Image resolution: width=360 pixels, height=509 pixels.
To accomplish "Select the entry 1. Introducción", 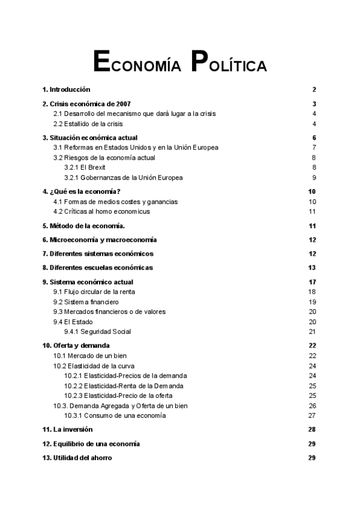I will coord(66,89).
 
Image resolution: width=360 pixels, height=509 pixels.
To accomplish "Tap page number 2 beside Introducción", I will coord(314,89).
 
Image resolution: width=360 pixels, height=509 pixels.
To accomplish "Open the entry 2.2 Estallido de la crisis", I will coord(88,124).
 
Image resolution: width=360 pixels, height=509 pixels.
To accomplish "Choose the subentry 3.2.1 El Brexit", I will coord(85,167).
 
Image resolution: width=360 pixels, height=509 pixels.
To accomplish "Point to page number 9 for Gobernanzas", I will coord(314,178).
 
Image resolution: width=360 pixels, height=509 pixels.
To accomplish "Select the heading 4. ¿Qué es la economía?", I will coord(82,191).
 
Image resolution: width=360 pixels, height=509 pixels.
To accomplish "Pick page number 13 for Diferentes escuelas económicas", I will coord(312,268).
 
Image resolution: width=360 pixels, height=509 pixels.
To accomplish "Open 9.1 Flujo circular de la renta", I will coord(94,292).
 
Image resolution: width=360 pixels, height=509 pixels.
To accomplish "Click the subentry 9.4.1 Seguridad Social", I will coord(97,331).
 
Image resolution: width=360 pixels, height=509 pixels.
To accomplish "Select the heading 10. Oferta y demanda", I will coord(76,346).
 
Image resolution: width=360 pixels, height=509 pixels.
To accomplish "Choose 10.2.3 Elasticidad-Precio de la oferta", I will coord(118,396).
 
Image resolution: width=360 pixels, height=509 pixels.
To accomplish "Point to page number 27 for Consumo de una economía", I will coord(312,415).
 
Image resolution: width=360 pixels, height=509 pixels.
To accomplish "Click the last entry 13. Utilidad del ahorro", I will coord(77,458).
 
